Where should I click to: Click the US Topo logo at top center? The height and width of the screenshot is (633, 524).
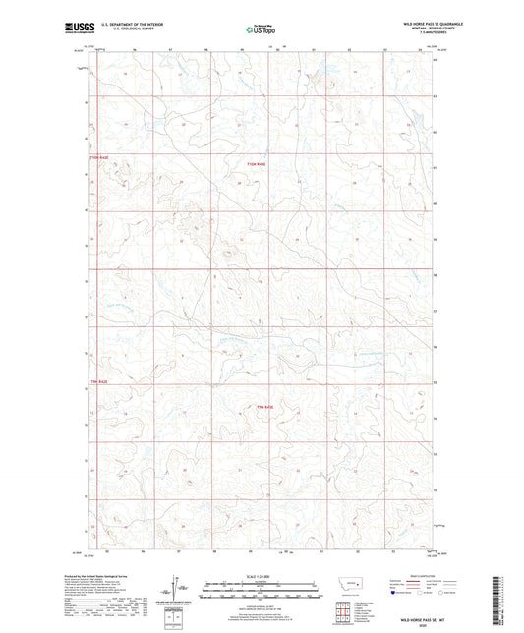tap(260, 30)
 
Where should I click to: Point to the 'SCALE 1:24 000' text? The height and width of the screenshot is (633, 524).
tap(260, 577)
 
